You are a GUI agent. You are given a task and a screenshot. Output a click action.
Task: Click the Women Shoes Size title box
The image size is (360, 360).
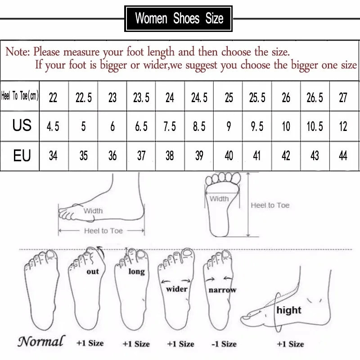click(x=179, y=18)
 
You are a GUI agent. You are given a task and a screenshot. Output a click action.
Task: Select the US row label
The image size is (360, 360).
click(x=22, y=126)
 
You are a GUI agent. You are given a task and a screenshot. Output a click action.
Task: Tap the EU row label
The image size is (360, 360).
click(x=22, y=156)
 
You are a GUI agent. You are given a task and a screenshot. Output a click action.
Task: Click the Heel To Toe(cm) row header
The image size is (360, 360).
click(x=20, y=96)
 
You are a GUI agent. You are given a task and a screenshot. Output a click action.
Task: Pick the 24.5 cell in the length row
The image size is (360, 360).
click(x=199, y=98)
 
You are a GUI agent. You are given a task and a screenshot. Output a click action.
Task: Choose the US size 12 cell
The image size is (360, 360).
click(x=343, y=126)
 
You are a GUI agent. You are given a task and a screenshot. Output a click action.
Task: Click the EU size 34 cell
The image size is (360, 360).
click(x=53, y=156)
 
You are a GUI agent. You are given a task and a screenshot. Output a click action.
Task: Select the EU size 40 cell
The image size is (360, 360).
click(x=229, y=156)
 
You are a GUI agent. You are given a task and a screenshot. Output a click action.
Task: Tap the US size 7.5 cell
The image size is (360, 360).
click(x=170, y=126)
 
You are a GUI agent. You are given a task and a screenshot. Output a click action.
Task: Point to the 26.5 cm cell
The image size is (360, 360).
click(x=315, y=98)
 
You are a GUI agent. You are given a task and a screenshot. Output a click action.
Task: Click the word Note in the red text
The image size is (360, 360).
click(x=17, y=52)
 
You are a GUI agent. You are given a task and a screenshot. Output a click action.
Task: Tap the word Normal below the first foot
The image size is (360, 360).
click(x=41, y=341)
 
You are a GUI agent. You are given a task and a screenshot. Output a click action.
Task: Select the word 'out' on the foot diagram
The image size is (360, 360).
click(x=92, y=272)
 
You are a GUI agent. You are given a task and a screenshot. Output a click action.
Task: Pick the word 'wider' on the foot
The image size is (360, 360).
click(x=176, y=289)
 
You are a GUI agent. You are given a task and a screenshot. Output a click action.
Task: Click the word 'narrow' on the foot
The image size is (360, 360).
click(x=222, y=290)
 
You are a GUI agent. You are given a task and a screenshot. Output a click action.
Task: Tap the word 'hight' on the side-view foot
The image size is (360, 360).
click(x=289, y=310)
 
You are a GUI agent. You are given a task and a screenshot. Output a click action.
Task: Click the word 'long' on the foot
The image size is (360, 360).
click(x=136, y=271)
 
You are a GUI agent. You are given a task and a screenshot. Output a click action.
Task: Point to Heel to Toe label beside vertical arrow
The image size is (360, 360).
click(x=270, y=205)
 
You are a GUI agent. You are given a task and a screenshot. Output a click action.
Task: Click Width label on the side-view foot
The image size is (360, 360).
click(x=93, y=210)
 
